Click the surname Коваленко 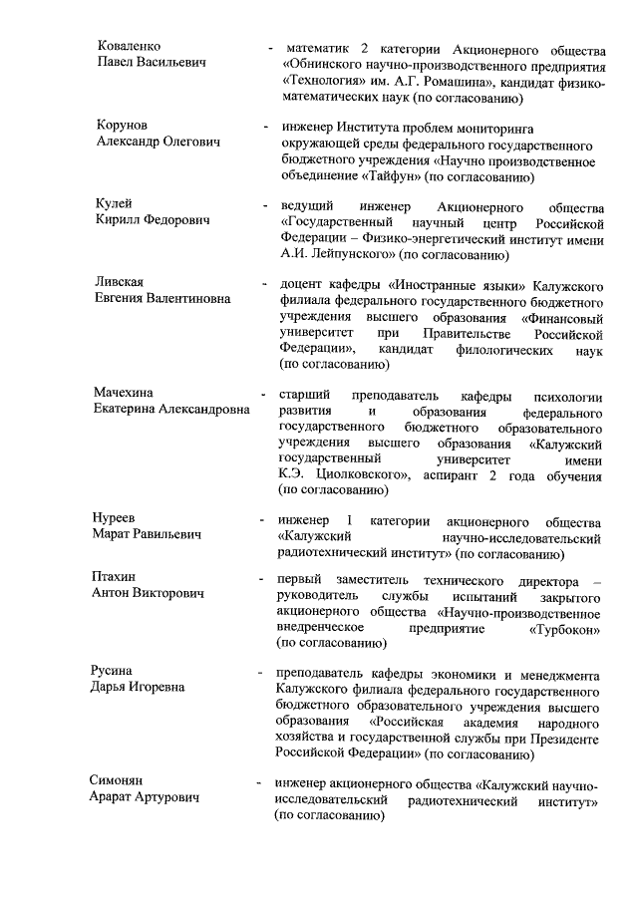(130, 46)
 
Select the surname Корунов (123, 126)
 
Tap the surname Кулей (115, 203)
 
